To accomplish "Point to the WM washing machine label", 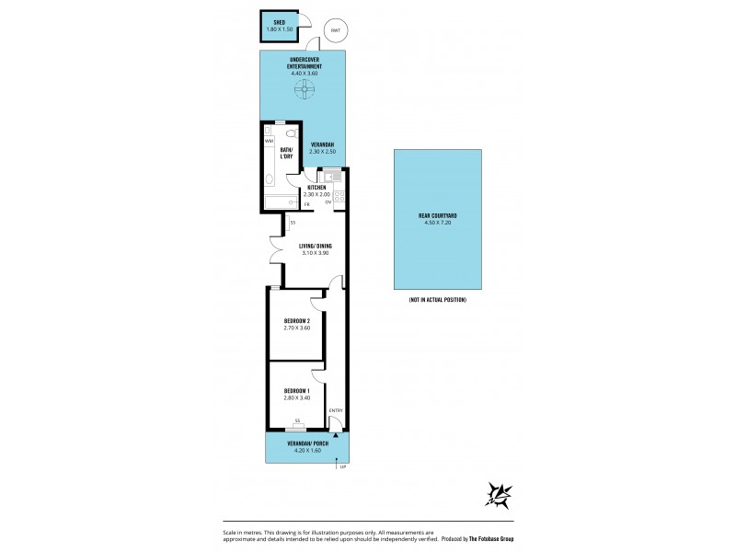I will (x=269, y=141).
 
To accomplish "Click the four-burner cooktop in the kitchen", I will (x=339, y=196).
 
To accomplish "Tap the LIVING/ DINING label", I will (x=315, y=246).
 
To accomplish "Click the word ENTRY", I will (x=335, y=410).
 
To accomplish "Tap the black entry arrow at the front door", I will (x=335, y=434).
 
